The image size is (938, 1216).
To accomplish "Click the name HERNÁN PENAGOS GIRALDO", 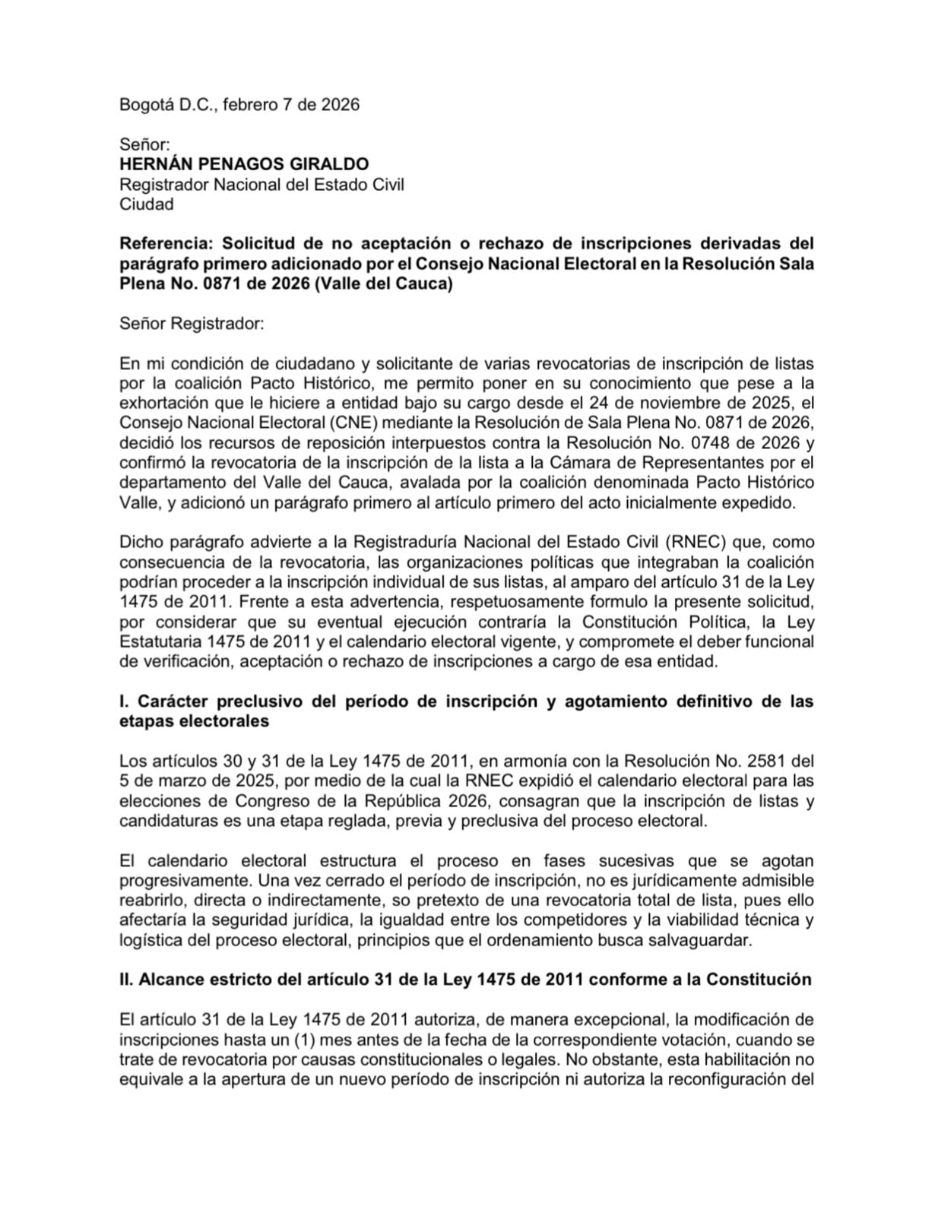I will tap(244, 163).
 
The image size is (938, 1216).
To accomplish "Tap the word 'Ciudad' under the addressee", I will tap(146, 204).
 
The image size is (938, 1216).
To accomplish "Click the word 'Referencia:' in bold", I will tap(165, 243).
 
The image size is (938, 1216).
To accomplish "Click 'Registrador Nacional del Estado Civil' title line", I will tap(261, 184).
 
